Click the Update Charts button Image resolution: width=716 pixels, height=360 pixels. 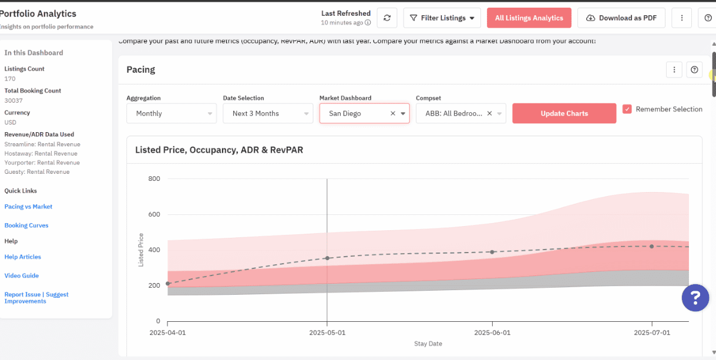coord(564,113)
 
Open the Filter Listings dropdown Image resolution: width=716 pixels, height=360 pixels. coord(442,18)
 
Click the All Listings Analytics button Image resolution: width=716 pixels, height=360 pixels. coord(529,18)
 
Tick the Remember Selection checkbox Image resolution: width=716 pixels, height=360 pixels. coord(627,109)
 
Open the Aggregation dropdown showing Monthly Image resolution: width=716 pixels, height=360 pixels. coord(172,113)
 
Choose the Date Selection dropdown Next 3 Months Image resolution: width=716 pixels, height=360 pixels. coord(268,113)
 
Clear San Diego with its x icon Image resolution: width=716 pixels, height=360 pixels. coord(393,113)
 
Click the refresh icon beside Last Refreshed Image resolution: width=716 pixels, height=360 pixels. coord(387,18)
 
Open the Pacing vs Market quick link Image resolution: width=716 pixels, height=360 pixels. coord(28,207)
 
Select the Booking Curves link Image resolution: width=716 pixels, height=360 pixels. coord(26,226)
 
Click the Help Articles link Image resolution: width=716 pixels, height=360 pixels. coord(22,257)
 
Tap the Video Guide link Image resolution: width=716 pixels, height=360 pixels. coord(22,275)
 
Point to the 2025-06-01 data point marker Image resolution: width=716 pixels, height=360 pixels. coord(492,252)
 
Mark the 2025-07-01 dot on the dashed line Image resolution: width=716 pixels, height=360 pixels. coord(651,246)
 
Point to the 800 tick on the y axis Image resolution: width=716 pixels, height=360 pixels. coord(154,179)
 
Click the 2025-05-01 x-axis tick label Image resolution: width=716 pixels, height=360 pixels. coord(327,332)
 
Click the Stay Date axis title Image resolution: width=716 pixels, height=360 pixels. coord(428,344)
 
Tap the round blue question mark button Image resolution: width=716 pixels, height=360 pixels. coord(695,298)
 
